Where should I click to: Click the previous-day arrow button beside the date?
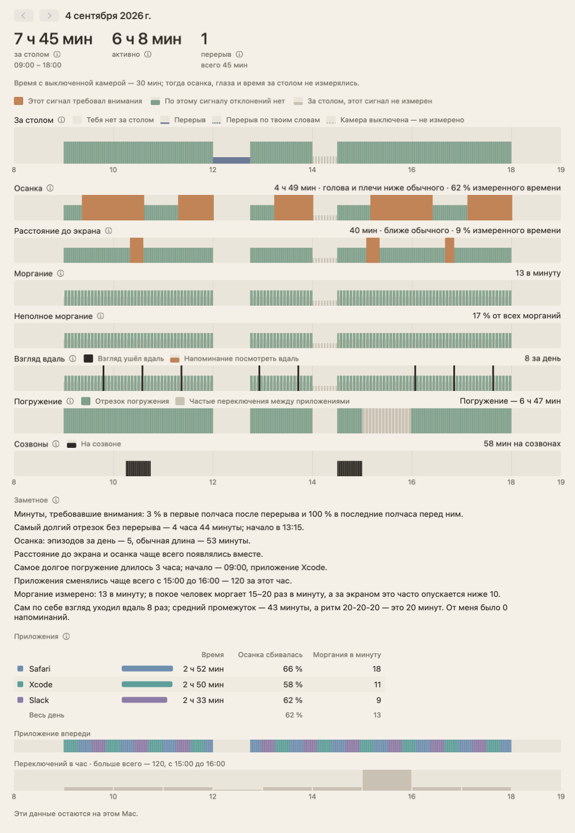(x=23, y=15)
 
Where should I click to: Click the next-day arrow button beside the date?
(x=49, y=15)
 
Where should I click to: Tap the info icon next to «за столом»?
(x=57, y=55)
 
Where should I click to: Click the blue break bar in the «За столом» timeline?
(x=231, y=160)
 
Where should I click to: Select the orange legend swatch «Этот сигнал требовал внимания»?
(x=19, y=101)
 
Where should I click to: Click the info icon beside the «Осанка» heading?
(x=50, y=188)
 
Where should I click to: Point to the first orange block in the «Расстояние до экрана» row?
(x=136, y=250)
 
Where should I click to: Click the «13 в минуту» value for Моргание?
(x=538, y=273)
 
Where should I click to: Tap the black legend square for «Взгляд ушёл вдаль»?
(x=88, y=358)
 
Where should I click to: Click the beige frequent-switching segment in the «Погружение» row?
(x=387, y=421)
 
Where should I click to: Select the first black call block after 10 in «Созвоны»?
(x=139, y=469)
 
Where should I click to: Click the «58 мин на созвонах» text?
(x=522, y=444)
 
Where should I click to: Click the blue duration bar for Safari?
(x=147, y=669)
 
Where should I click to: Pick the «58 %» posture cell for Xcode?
(x=293, y=684)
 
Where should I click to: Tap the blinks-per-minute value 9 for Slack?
(x=379, y=700)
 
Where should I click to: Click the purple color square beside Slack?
(x=20, y=700)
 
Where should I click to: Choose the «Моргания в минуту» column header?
(x=347, y=654)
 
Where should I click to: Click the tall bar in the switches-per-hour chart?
(x=387, y=780)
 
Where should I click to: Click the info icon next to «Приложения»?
(x=66, y=636)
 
